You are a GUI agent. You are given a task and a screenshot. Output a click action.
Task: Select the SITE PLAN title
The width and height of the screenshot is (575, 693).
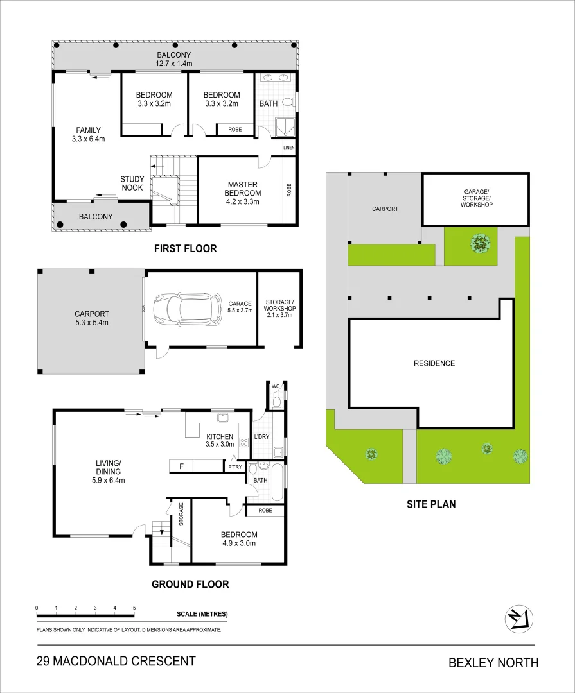431,504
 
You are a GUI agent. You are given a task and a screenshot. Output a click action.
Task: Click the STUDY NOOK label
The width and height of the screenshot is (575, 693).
132,184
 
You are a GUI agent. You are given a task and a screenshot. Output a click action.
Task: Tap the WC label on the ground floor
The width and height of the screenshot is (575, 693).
276,386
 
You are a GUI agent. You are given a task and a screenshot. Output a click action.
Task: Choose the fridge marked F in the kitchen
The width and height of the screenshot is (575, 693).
182,466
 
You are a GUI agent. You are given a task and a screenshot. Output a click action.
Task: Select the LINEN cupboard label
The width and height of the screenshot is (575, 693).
289,148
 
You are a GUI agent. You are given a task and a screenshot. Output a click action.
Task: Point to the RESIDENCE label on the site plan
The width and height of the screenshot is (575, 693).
434,363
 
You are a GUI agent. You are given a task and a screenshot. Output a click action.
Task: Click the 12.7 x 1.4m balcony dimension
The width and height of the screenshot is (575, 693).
175,64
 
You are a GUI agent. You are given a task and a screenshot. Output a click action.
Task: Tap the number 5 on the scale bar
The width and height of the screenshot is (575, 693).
134,608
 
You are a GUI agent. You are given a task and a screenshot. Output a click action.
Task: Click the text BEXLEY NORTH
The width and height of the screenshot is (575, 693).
493,663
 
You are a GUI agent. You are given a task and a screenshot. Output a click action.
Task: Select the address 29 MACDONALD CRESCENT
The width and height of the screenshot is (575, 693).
116,661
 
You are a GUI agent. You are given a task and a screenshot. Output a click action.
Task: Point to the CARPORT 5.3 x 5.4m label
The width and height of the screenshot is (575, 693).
91,318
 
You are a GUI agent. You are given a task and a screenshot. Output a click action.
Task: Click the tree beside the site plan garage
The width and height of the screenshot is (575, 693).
479,243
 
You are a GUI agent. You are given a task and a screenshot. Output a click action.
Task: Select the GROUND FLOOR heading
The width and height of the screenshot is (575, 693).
190,584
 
